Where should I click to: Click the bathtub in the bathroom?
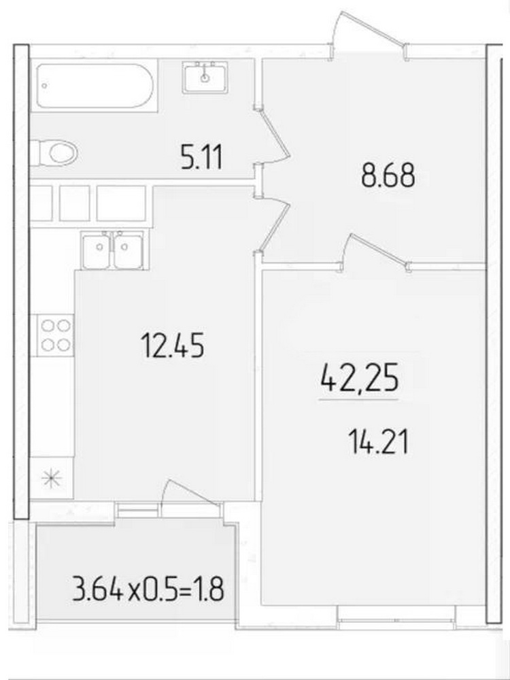[x=95, y=86]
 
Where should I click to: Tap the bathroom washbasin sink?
[x=205, y=78]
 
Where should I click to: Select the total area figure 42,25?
[x=359, y=380]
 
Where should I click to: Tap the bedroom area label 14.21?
[x=378, y=441]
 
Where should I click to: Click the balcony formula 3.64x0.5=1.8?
[x=148, y=589]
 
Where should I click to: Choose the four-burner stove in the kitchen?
[x=56, y=335]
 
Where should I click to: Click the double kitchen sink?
[x=113, y=250]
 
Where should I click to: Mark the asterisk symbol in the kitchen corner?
[x=52, y=478]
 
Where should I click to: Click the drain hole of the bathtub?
[x=45, y=86]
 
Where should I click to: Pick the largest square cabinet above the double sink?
[x=121, y=203]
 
